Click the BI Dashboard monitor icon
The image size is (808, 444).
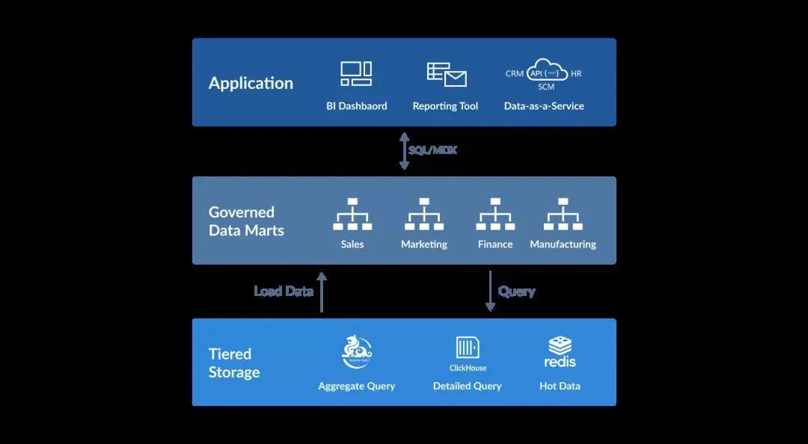pos(356,74)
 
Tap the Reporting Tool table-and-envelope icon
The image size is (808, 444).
pos(447,75)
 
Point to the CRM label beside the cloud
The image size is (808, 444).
pos(514,74)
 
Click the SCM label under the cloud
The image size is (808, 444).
pos(546,87)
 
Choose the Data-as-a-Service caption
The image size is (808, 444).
pos(544,106)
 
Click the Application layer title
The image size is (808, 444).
pos(251,83)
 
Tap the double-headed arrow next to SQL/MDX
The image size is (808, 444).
pos(404,151)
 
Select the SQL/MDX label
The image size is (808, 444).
pos(432,150)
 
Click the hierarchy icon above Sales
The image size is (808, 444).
pos(352,215)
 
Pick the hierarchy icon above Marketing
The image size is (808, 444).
pos(424,215)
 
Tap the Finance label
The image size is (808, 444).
pos(495,244)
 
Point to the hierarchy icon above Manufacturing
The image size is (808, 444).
pos(563,215)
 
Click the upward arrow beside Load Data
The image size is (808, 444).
pos(322,292)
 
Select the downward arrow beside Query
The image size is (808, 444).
pos(490,292)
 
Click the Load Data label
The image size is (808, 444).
pos(284,292)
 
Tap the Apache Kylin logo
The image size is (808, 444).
pos(357,351)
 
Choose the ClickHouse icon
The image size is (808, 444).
pos(468,348)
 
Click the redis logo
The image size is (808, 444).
pos(560,352)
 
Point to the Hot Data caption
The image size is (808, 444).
pos(560,386)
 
